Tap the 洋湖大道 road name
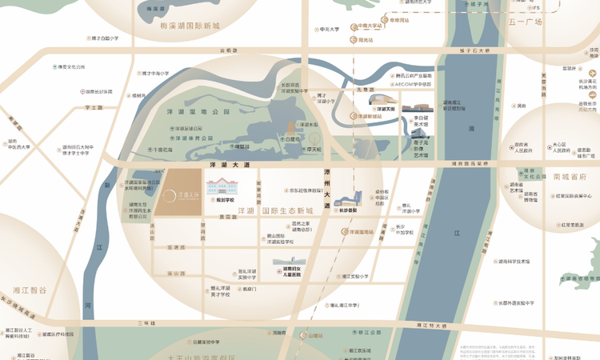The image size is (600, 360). pos(230,164)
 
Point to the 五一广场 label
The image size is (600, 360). pos(525,22)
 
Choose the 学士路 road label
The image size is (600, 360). pos(94,107)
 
